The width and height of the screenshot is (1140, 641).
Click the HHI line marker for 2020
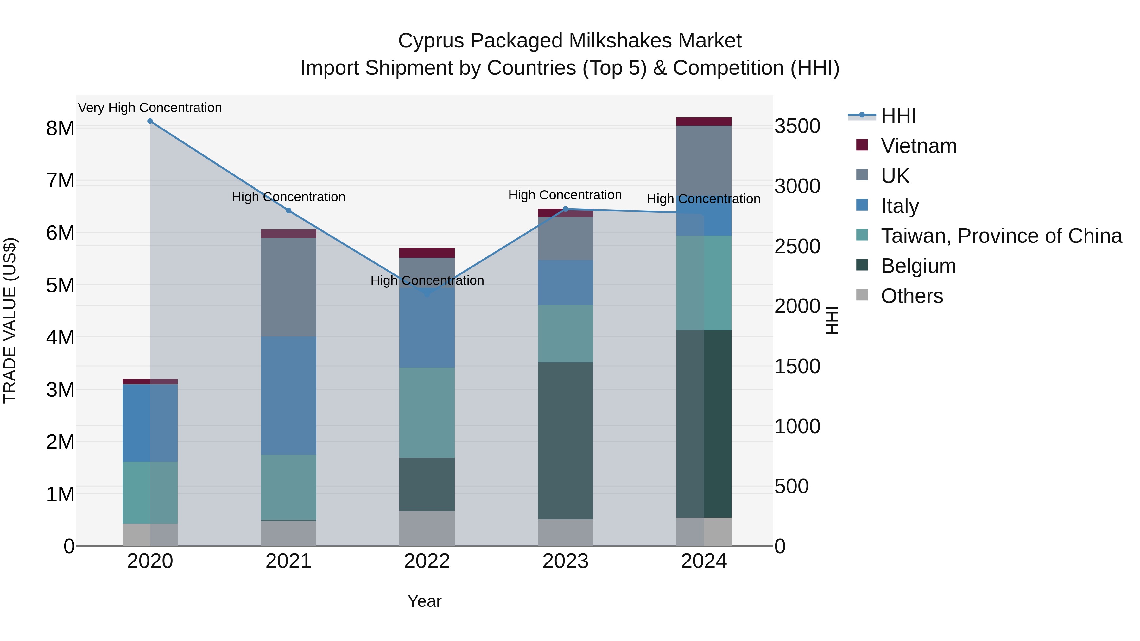point(150,121)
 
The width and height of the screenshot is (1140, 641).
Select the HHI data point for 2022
point(427,293)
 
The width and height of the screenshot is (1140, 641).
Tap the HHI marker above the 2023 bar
point(565,209)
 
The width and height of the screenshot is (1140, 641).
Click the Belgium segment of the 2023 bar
point(565,441)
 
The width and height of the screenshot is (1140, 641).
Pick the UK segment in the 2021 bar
point(288,287)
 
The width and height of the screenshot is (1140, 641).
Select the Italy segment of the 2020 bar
point(150,423)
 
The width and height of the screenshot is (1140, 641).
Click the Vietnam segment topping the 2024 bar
point(704,122)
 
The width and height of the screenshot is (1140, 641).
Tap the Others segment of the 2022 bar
point(427,528)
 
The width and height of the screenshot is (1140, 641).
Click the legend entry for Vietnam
point(918,146)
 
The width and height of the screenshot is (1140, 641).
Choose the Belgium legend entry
point(918,266)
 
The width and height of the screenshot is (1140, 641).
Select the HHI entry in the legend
point(898,116)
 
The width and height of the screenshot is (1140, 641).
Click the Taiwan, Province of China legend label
point(1001,236)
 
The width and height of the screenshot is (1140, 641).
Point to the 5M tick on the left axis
point(60,285)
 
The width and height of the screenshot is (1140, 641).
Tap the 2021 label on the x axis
point(288,561)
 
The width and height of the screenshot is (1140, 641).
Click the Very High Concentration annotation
point(150,108)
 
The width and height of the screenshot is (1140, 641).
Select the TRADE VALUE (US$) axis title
point(10,320)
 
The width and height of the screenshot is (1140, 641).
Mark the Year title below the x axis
point(424,601)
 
